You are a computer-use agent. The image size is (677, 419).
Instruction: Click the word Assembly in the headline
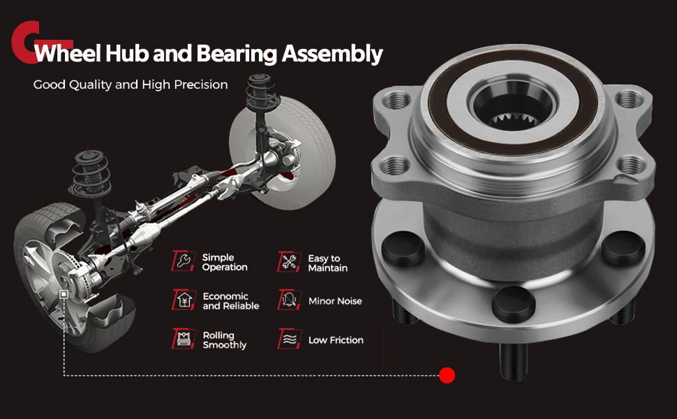[x=332, y=54]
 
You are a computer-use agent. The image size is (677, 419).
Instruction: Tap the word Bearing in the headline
[x=237, y=54]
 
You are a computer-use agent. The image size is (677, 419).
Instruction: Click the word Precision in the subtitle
[x=201, y=84]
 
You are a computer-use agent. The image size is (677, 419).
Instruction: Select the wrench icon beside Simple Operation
[x=184, y=261]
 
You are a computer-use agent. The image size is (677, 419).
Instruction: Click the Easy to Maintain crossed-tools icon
[x=289, y=262]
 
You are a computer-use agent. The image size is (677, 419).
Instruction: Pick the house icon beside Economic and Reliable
[x=184, y=300]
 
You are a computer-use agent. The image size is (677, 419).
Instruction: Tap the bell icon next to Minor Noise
[x=289, y=300]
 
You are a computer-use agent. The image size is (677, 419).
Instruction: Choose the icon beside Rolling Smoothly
[x=184, y=338]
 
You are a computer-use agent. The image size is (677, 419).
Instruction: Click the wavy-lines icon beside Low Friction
[x=289, y=339]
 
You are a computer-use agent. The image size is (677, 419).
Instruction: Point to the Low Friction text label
[x=336, y=340]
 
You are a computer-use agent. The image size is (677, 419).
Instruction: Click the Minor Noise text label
[x=335, y=301]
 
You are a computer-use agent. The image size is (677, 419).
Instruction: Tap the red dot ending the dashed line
[x=447, y=376]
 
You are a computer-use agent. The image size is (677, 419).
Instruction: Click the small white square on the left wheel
[x=64, y=295]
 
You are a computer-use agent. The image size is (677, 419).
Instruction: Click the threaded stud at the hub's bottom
[x=514, y=360]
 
